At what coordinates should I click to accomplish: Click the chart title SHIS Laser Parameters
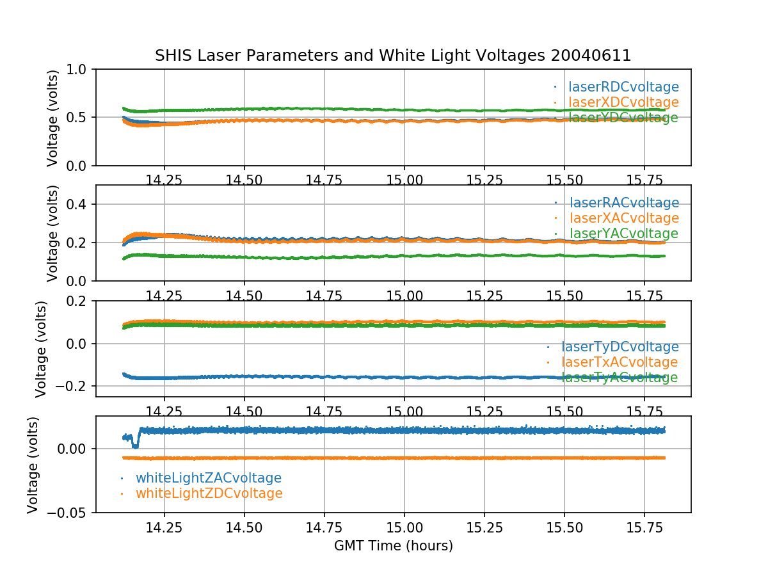393,56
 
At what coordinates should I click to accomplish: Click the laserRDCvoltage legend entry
623,87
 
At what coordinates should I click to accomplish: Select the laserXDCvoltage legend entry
623,102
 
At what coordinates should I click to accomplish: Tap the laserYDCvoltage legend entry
623,118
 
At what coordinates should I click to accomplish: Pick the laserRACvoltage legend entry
623,203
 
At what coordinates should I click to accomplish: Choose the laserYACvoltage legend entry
623,234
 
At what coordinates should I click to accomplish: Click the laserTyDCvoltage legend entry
620,347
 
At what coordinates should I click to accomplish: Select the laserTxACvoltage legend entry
620,362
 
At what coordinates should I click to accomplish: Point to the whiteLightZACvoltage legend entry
208,478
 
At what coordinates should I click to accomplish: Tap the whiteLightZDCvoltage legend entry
209,493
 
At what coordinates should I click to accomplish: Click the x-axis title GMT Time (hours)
393,546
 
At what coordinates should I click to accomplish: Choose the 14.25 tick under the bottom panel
164,529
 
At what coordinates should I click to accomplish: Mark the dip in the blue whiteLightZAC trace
134,445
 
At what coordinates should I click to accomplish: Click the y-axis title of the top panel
53,118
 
